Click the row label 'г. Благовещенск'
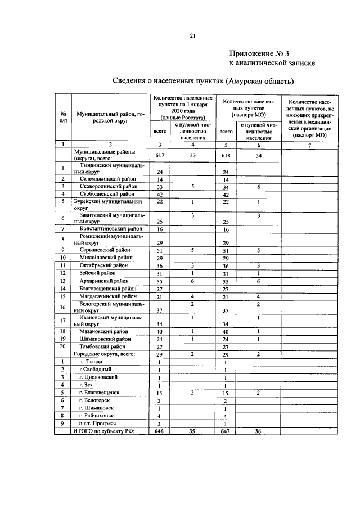[x=100, y=391]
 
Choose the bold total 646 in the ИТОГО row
[x=159, y=431]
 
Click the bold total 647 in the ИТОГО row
[x=227, y=431]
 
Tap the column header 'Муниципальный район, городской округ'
[x=107, y=117]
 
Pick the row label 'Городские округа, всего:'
[x=101, y=355]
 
